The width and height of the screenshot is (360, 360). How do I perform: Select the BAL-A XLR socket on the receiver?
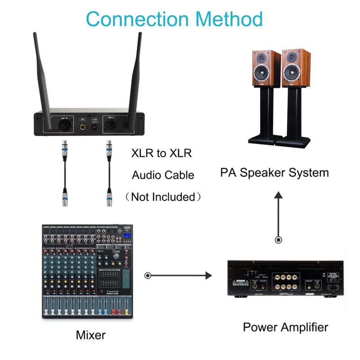(110, 125)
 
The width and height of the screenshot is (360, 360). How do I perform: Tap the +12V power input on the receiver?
(95, 128)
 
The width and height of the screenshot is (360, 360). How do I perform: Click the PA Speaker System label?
(274, 172)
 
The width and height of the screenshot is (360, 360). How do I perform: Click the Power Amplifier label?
(285, 327)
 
